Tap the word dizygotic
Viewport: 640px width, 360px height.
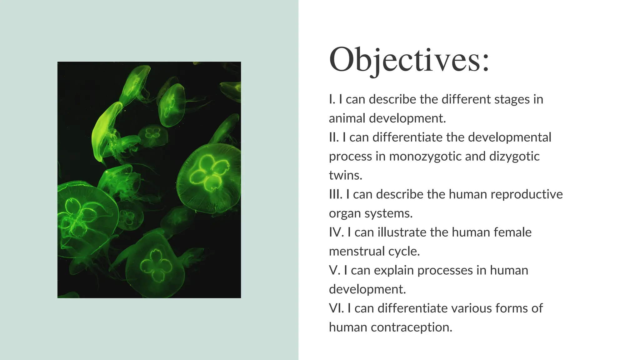[x=514, y=156]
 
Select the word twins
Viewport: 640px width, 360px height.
[x=345, y=175]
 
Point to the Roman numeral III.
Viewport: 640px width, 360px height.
[x=335, y=194]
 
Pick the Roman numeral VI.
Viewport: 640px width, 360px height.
[x=336, y=308]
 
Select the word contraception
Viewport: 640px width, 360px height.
[x=411, y=327]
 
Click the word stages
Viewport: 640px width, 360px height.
[x=512, y=99]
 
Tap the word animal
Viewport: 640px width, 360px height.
[x=347, y=118]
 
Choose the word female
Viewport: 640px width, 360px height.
[x=512, y=232]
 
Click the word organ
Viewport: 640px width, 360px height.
[x=345, y=213]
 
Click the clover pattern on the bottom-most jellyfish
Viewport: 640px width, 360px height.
[x=156, y=266]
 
